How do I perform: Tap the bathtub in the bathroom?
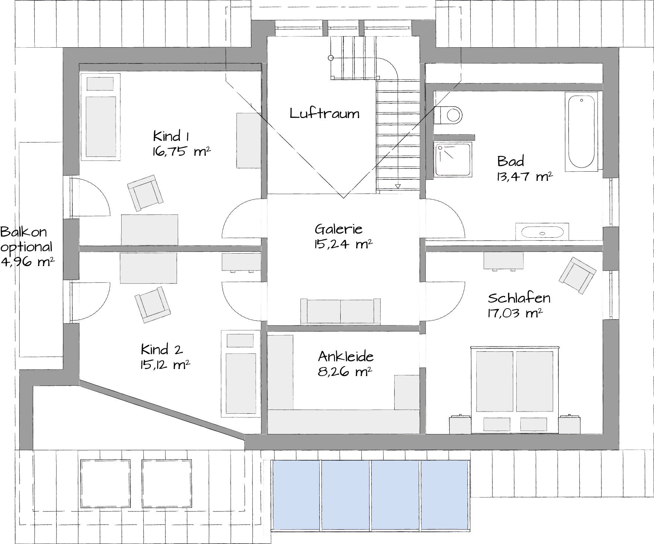coord(581,132)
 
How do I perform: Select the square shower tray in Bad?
coord(454,159)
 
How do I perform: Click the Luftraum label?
coord(324,113)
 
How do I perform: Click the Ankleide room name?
coord(346,357)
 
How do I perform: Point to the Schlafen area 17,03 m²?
coord(515,313)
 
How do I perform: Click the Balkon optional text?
coord(26,239)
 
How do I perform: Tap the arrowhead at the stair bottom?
coord(398,186)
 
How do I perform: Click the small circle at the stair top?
coord(331,58)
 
